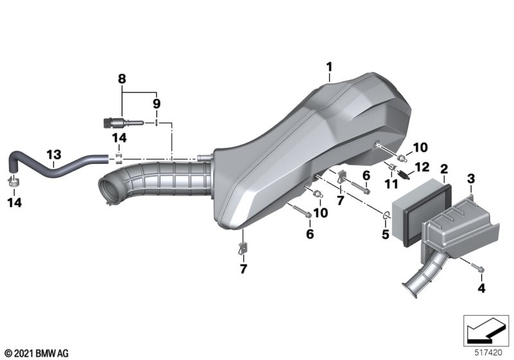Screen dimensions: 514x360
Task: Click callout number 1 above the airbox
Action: pos(329,67)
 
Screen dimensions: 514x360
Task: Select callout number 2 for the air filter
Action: pos(444,169)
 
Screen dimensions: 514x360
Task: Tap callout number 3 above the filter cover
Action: pos(471,179)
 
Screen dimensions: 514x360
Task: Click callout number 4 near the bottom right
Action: pos(481,288)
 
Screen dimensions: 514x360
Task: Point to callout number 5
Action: pos(385,234)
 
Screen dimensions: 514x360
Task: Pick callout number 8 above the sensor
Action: pos(121,78)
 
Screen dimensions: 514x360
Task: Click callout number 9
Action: pos(157,104)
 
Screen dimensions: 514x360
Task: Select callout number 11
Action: pos(391,184)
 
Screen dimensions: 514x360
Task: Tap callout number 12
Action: pos(422,167)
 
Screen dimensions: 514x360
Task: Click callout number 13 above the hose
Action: pos(54,154)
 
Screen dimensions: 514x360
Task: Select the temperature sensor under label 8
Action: pos(121,123)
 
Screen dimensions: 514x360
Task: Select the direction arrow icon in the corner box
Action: pos(486,331)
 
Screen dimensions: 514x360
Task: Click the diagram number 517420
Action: pos(488,353)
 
